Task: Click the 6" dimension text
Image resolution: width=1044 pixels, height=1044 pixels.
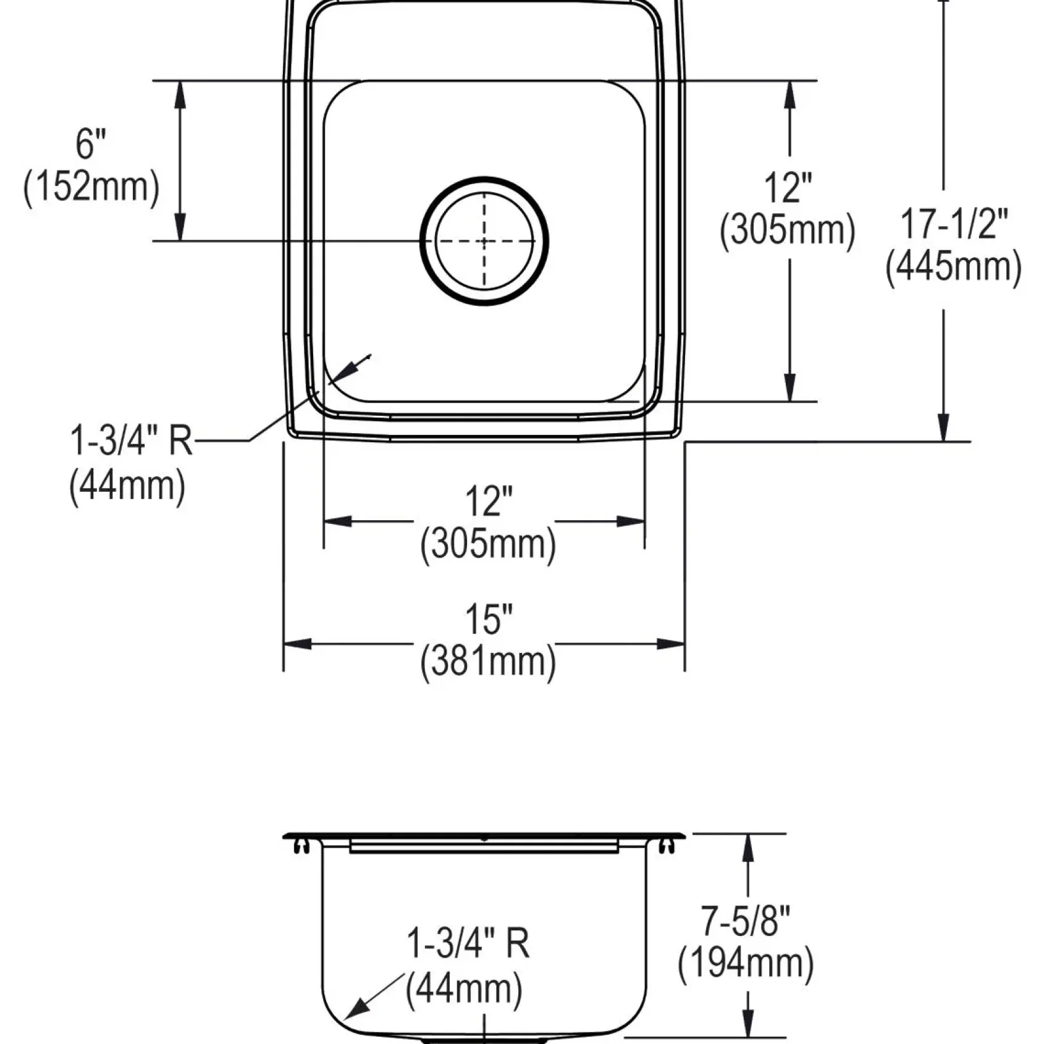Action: (91, 144)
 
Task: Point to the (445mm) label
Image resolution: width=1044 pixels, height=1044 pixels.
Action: (954, 267)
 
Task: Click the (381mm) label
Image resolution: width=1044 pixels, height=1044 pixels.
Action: (488, 662)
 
